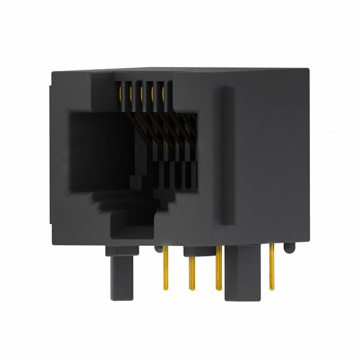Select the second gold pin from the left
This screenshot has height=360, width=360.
pyautogui.click(x=191, y=273)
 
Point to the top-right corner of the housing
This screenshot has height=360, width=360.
pyautogui.click(x=307, y=70)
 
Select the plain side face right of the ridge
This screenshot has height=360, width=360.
pyautogui.click(x=270, y=157)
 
